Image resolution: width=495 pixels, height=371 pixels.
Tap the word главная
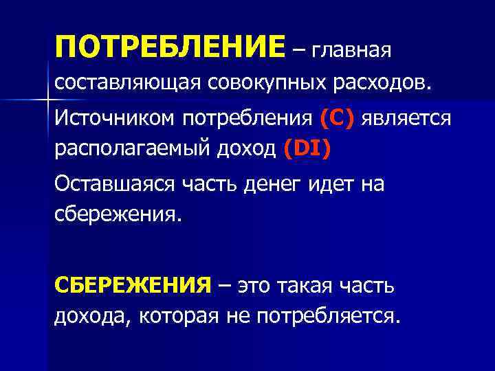351,49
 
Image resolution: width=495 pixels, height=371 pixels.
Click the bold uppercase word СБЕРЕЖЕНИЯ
132,285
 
